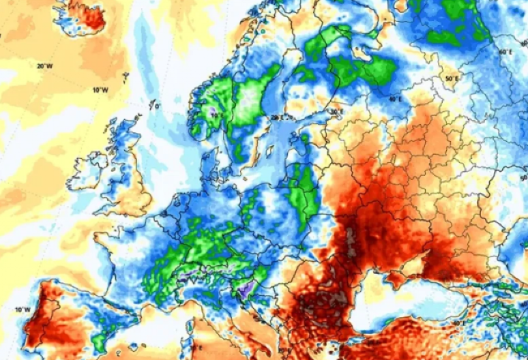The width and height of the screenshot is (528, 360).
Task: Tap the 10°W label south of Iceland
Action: (x=100, y=90)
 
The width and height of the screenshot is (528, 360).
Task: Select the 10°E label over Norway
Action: (x=217, y=117)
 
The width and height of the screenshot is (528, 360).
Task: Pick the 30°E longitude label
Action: (x=336, y=112)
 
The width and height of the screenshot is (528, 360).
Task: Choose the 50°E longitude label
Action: (x=451, y=79)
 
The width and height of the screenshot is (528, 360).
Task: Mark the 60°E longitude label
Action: (x=505, y=52)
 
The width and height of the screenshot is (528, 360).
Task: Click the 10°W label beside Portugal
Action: (x=23, y=310)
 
